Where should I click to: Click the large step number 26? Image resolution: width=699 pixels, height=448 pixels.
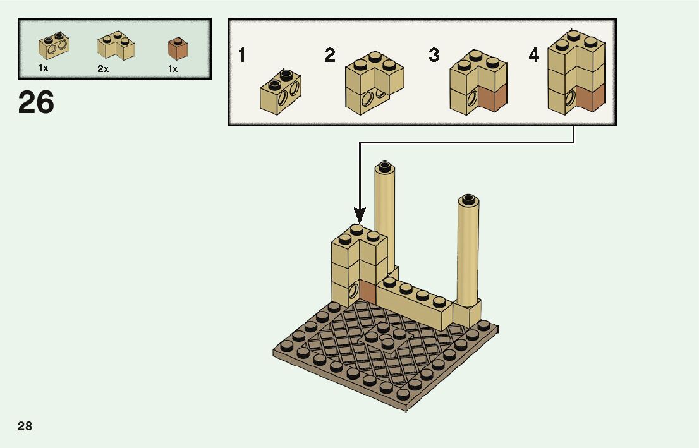pos(37,102)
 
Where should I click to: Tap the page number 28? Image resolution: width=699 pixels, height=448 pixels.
pos(25,426)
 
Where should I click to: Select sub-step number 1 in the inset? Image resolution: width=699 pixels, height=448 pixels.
pos(242,56)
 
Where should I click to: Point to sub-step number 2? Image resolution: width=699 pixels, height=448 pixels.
pos(329,56)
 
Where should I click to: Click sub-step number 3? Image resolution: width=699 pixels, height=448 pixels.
pos(434,56)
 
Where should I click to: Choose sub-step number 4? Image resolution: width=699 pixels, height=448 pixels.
pos(534,56)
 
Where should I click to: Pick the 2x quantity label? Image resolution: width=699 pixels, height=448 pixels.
pos(103,69)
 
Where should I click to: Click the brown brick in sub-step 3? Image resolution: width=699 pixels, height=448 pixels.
pos(493,98)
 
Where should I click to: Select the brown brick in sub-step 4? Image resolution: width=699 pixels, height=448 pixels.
pos(590,97)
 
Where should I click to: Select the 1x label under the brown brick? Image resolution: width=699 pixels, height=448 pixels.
pos(173,69)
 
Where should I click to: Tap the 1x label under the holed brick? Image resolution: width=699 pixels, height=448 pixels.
pos(43,68)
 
